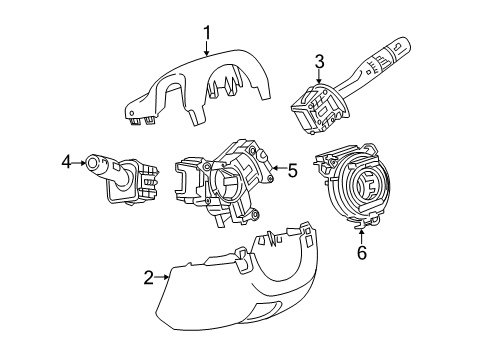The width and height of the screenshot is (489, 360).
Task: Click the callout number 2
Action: [147, 277]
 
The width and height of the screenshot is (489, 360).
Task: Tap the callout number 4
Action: [65, 160]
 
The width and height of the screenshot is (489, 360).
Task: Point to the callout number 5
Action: [292, 170]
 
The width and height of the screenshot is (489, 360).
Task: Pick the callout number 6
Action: [361, 253]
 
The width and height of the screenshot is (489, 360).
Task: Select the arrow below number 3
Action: [319, 78]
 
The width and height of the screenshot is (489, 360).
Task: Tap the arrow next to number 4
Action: [80, 160]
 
